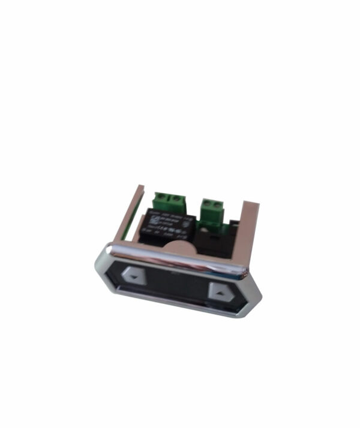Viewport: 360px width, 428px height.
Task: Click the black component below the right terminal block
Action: click(213, 240)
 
